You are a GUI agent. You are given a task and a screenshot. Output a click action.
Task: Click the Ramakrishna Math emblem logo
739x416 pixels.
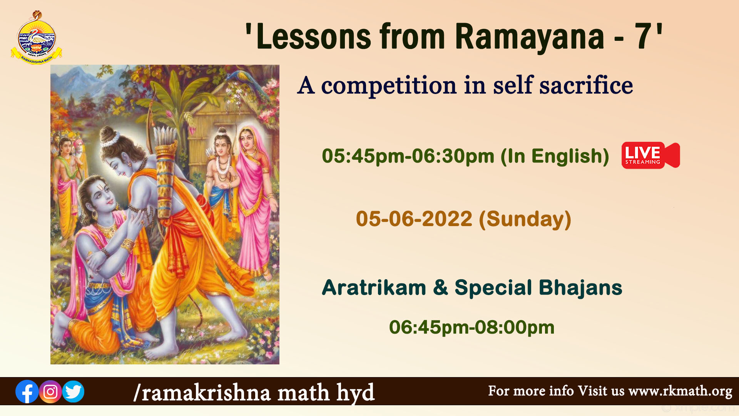[x=36, y=37]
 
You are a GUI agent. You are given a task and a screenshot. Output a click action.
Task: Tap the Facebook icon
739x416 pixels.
[x=27, y=392]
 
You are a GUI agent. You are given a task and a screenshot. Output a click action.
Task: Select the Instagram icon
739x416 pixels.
[x=50, y=392]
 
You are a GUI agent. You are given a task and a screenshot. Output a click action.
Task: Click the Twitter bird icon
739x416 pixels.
[x=73, y=392]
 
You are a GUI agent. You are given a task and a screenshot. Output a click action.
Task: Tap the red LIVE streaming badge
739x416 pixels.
[x=650, y=155]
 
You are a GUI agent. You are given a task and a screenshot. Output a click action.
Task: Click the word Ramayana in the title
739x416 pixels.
[x=530, y=37]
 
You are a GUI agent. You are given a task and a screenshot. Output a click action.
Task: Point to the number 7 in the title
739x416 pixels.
[x=643, y=36]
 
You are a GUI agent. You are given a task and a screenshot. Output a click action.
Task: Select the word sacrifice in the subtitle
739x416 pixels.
[x=586, y=85]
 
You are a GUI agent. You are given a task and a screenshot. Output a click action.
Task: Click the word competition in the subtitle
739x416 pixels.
[x=389, y=86]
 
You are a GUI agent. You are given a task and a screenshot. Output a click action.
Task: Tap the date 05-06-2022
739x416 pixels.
[x=414, y=219]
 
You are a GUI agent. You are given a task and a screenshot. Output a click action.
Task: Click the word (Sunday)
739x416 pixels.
[x=525, y=220]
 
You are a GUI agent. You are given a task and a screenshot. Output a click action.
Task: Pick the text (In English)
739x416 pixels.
[x=555, y=156]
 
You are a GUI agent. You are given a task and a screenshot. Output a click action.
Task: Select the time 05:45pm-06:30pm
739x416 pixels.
[x=408, y=156]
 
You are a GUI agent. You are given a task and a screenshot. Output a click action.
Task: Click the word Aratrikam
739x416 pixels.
[x=374, y=287]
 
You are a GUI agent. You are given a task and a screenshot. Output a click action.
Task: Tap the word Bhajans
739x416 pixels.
[x=580, y=288]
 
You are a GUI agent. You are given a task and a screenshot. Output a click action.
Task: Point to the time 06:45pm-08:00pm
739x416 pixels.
[x=471, y=327]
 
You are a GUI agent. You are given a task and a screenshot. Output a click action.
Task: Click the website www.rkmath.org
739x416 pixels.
[x=680, y=391]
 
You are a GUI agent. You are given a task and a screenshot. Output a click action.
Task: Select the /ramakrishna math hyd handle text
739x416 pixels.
[x=254, y=393]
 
